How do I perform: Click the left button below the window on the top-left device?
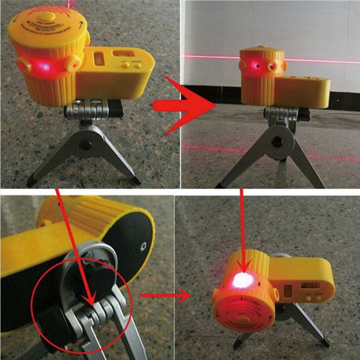point(124,65)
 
